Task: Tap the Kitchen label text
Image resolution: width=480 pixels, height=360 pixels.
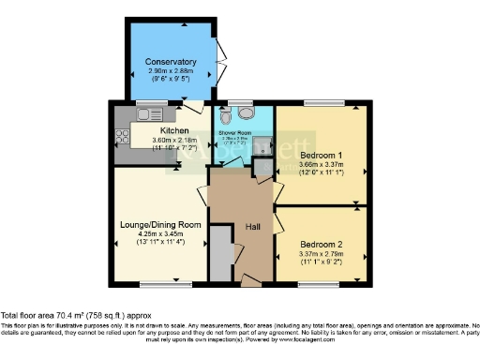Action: tap(175, 130)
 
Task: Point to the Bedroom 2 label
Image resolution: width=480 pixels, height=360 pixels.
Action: tap(321, 244)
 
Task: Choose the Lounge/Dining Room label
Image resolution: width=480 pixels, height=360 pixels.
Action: tap(160, 225)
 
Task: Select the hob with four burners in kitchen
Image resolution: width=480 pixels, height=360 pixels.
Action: tap(122, 137)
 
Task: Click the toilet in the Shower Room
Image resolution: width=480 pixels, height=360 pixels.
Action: tap(245, 114)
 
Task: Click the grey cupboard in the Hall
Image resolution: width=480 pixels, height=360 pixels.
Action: tap(218, 253)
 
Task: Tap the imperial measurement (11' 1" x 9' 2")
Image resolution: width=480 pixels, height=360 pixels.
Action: tap(321, 262)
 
